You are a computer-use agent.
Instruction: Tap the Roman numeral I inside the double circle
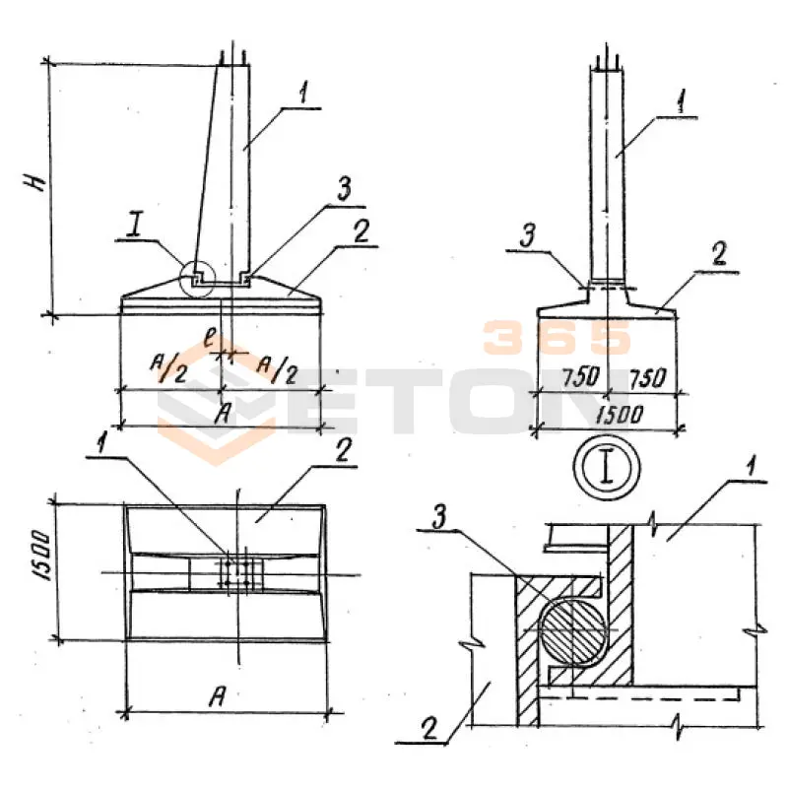pyautogui.click(x=607, y=467)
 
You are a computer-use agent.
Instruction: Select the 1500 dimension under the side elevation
pyautogui.click(x=620, y=415)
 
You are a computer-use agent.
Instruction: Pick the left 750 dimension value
pyautogui.click(x=581, y=376)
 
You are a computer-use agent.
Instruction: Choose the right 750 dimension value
pyautogui.click(x=648, y=377)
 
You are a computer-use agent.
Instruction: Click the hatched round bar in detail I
pyautogui.click(x=572, y=631)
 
